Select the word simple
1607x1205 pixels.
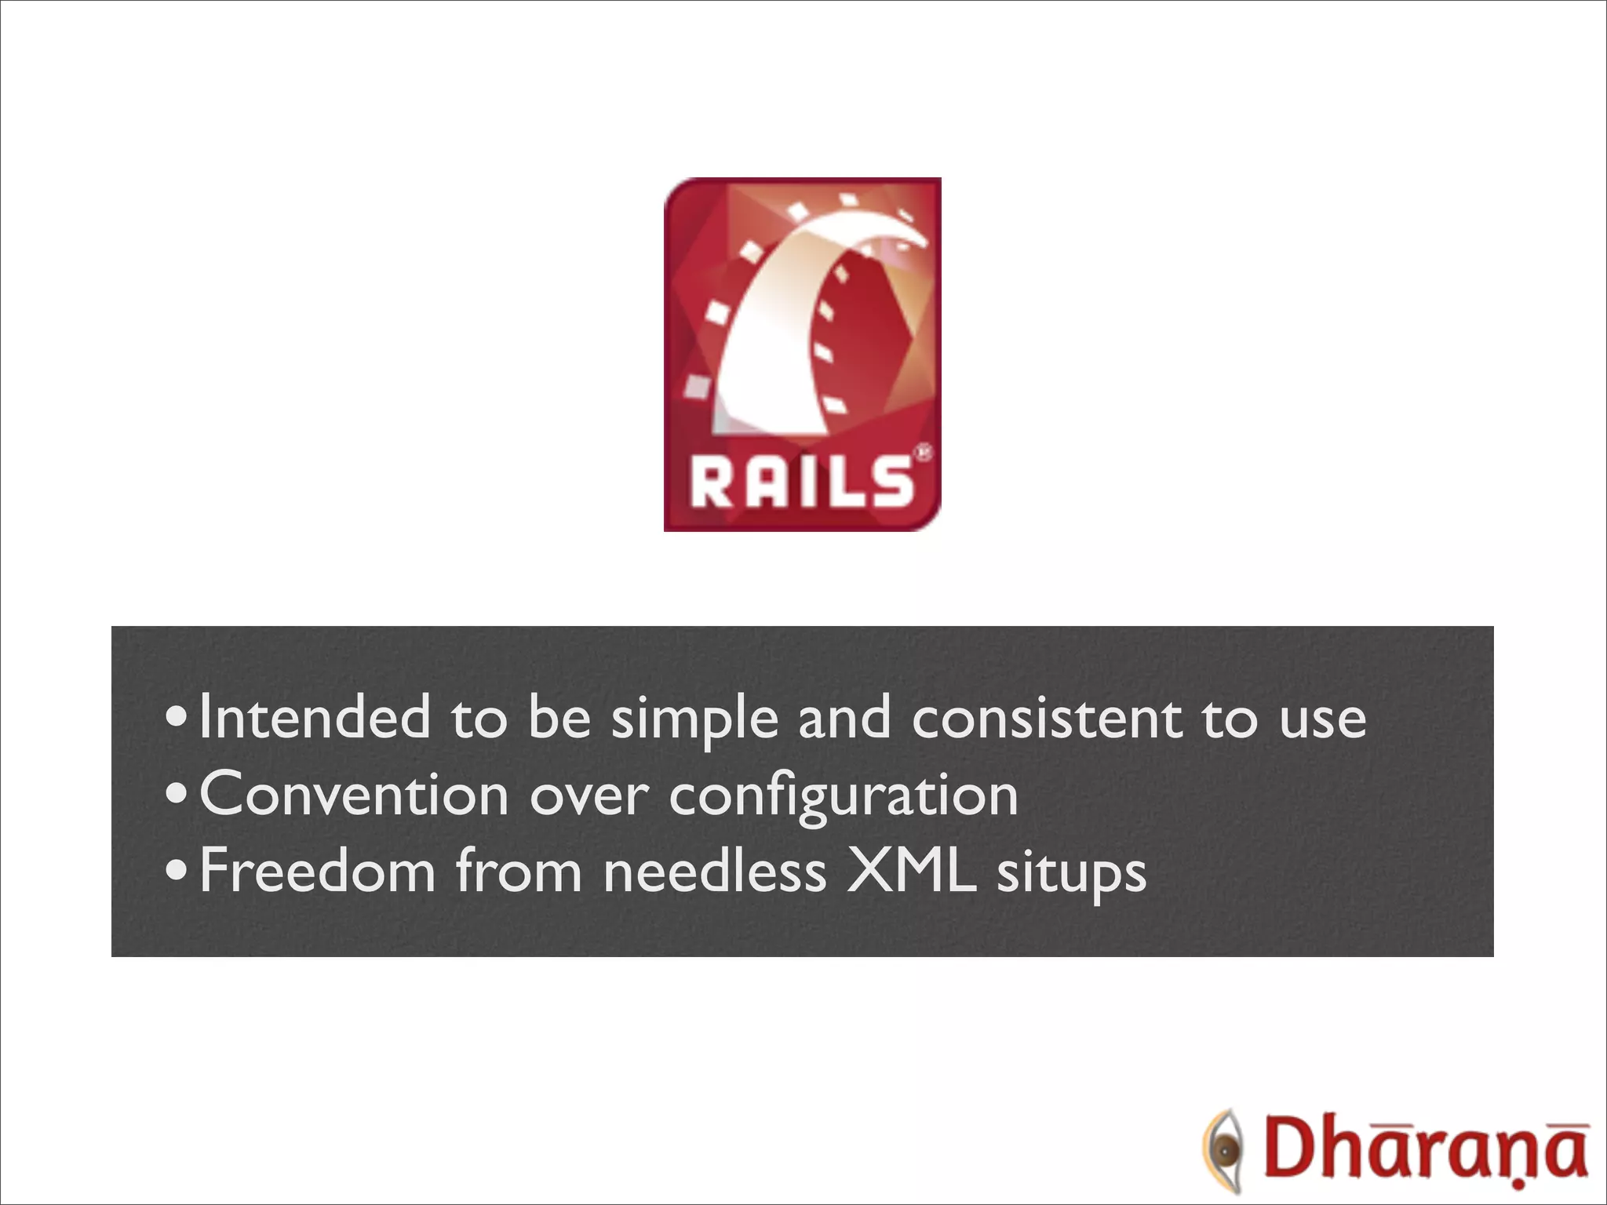click(694, 719)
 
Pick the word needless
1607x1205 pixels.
click(715, 871)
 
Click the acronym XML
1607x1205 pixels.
click(911, 871)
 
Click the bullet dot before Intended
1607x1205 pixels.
click(177, 719)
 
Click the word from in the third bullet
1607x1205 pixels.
click(519, 871)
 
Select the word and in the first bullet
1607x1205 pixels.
click(844, 717)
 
